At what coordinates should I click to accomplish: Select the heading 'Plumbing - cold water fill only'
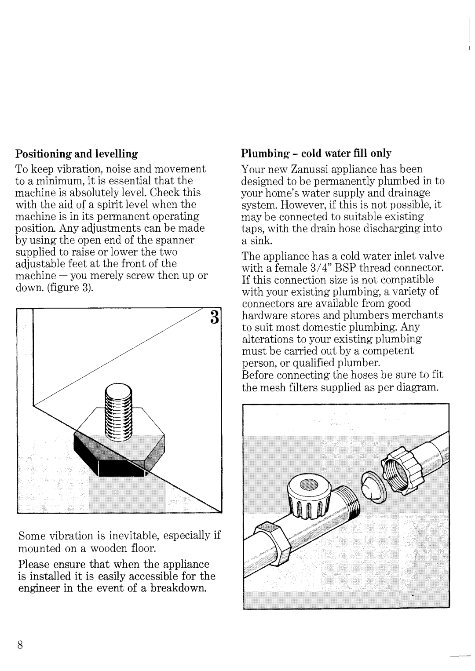316,153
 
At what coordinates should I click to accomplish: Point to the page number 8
20,645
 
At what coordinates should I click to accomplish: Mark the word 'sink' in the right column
257,241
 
